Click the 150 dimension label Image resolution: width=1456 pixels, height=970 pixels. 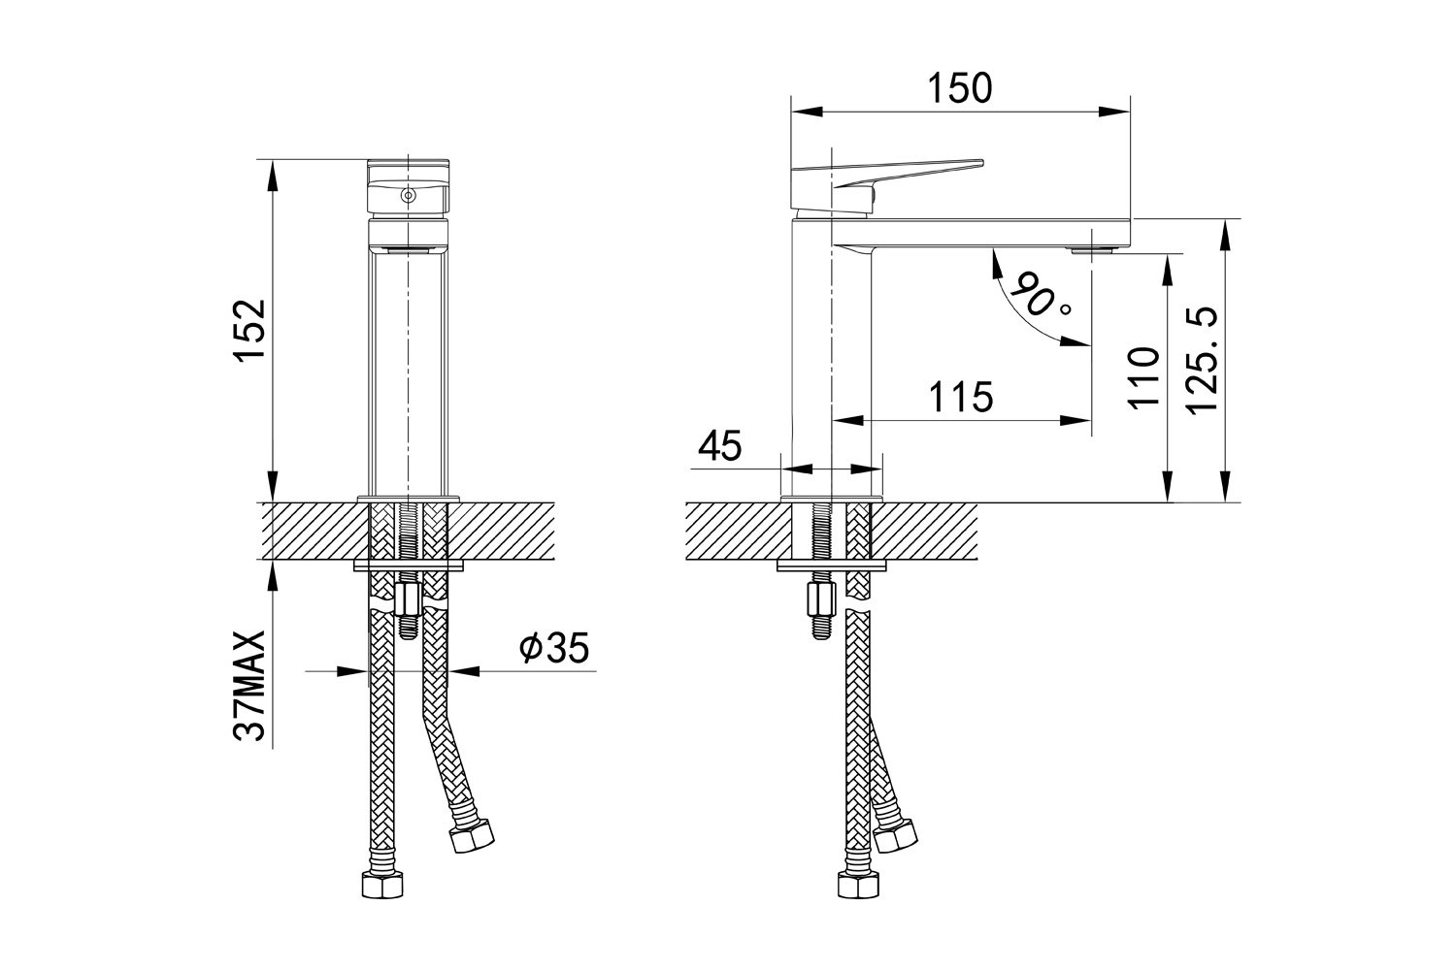pos(960,88)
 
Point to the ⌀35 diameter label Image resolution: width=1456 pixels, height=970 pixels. pos(554,647)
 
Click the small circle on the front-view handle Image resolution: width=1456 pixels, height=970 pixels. pos(408,195)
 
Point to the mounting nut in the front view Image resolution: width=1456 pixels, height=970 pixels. pos(408,599)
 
